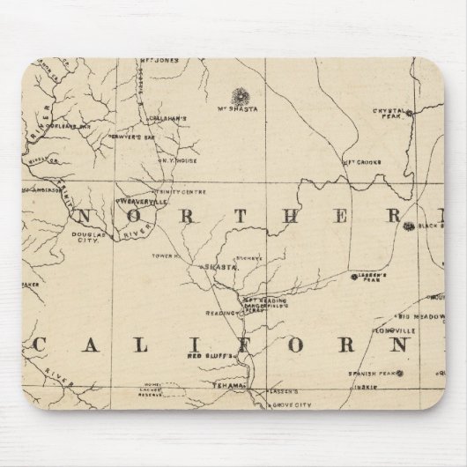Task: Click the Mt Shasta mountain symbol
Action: pos(236,93)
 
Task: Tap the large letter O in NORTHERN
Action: pos(130,216)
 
